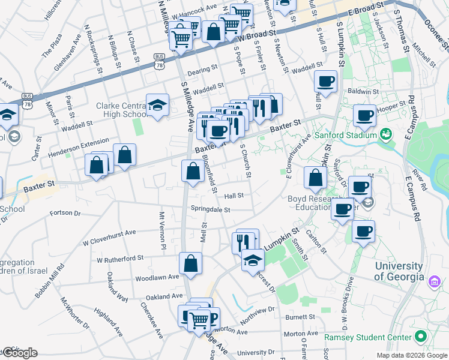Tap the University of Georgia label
(402, 271)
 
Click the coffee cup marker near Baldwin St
(325, 82)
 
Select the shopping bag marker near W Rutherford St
(190, 263)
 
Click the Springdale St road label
(211, 210)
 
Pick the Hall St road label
(234, 196)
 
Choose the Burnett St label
(300, 317)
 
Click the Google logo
(19, 353)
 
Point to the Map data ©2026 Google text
(411, 355)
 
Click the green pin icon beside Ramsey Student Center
(421, 337)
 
